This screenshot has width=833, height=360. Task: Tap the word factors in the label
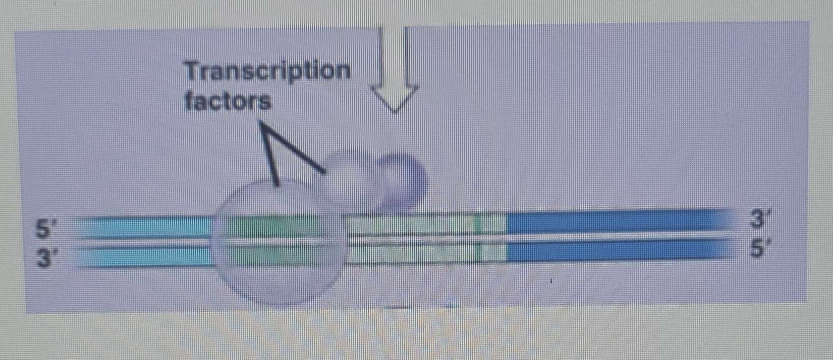228,102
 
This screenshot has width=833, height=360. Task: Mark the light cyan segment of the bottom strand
143,256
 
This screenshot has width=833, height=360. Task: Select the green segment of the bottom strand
275,254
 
